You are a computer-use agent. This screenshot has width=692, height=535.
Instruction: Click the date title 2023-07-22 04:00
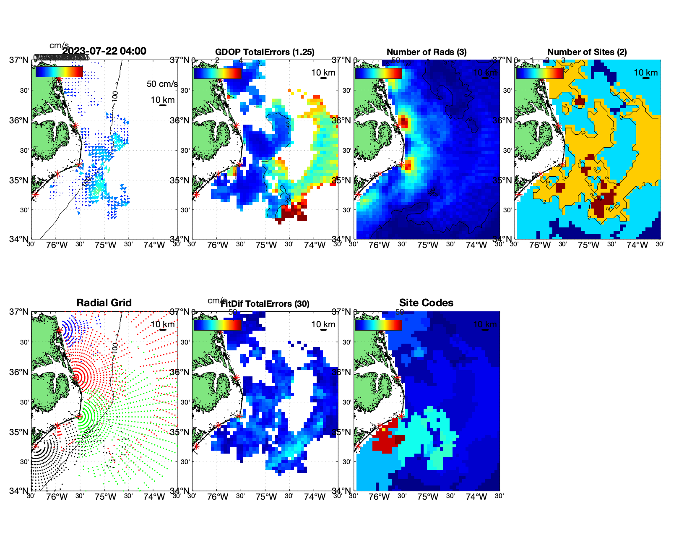[104, 51]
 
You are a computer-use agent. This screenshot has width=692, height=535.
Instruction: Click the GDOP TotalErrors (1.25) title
[265, 52]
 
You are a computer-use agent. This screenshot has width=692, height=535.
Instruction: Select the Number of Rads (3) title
[427, 52]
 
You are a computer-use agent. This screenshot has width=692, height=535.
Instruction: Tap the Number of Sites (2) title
[587, 52]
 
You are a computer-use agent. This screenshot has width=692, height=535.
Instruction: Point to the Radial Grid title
[104, 303]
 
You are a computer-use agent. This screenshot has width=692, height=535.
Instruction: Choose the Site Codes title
[426, 303]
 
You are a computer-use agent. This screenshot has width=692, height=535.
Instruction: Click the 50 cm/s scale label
[162, 84]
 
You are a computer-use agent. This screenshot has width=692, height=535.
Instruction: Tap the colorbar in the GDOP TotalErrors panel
[217, 73]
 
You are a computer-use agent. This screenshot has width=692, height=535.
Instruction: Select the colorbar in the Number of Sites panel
[540, 73]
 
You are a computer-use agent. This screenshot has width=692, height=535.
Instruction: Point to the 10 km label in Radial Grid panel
[162, 324]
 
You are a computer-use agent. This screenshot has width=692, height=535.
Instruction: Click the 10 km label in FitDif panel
[323, 324]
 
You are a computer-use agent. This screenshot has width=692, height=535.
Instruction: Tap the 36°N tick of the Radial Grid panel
[19, 372]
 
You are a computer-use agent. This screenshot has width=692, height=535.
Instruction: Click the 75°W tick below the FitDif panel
[266, 497]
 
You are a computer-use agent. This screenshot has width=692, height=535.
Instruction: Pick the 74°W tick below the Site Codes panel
[476, 497]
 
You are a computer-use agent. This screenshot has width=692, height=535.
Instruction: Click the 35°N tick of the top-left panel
[19, 180]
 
